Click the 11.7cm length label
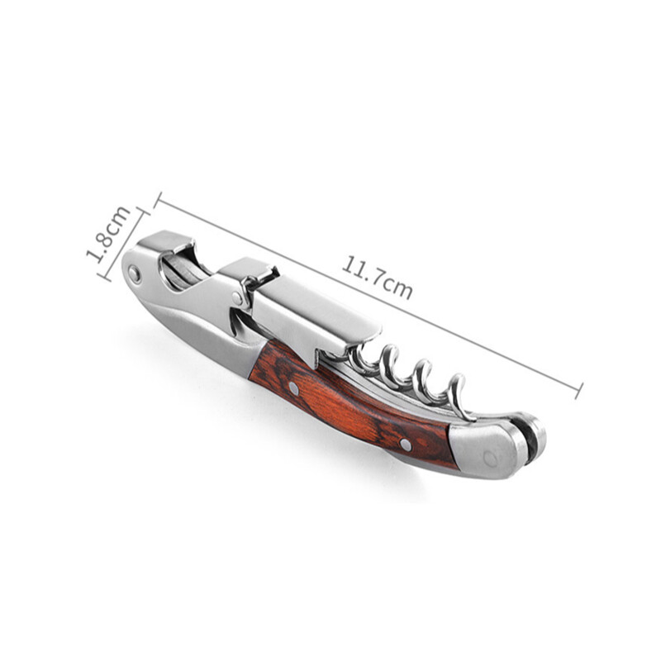377,277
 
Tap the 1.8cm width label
108,235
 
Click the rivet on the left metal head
135,273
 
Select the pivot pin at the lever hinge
238,298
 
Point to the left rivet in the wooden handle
294,388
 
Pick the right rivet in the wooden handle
406,443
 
